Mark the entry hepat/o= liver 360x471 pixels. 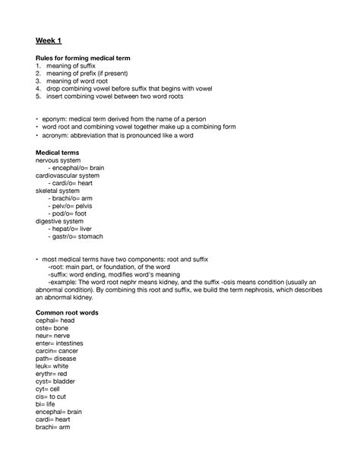pyautogui.click(x=72, y=229)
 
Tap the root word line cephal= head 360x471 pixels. pyautogui.click(x=55, y=321)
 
